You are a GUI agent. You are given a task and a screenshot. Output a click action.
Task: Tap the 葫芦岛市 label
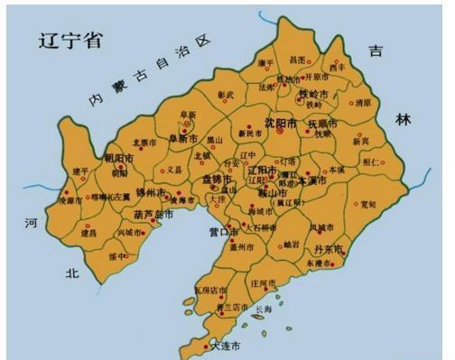(x=152, y=215)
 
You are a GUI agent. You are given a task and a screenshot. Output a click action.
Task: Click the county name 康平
(x=266, y=62)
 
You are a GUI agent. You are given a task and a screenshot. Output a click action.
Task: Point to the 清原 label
(x=363, y=104)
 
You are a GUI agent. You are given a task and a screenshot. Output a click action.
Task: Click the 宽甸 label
(x=367, y=204)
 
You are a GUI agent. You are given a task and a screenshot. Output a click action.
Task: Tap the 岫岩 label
(x=290, y=244)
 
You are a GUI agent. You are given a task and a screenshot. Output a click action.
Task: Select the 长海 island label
(x=263, y=309)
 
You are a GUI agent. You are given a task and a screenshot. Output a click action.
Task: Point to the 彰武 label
(x=225, y=94)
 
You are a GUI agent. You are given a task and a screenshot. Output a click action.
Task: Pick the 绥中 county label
(x=118, y=255)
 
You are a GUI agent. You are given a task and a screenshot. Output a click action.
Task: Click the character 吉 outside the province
(x=376, y=51)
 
